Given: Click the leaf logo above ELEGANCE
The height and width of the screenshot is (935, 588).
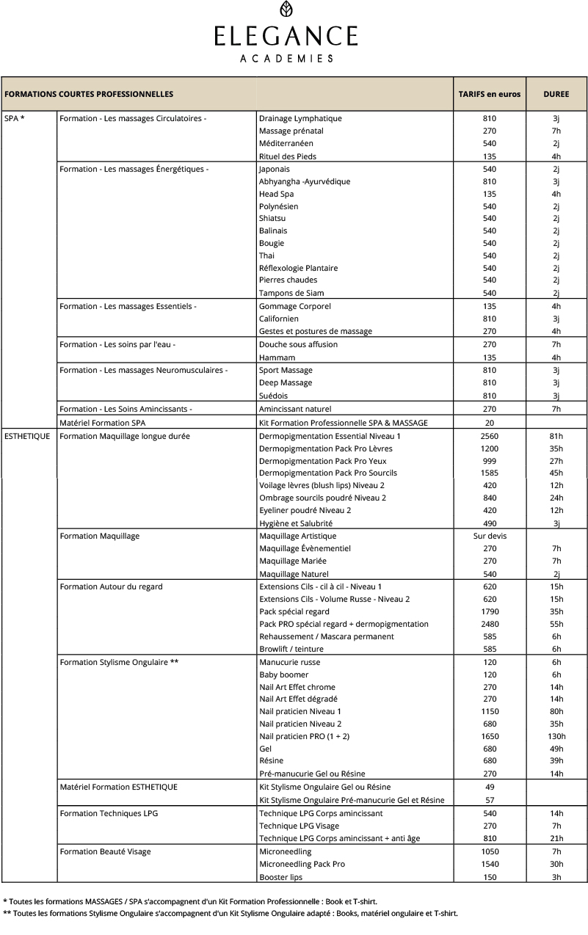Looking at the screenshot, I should click(286, 10).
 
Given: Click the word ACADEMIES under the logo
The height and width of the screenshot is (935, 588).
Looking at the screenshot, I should click(286, 59).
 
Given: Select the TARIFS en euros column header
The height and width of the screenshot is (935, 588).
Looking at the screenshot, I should click(489, 94).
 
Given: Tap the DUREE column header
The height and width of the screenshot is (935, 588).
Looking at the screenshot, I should click(556, 94).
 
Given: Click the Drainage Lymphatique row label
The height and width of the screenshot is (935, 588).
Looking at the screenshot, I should click(300, 118).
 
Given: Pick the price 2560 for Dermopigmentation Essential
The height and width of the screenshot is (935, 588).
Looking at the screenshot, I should click(489, 436).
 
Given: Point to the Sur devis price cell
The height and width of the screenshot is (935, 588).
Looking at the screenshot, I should click(489, 536).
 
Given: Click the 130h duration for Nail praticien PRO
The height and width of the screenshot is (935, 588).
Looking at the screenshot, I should click(556, 736).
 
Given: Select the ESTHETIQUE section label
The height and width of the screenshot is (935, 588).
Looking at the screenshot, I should click(27, 436).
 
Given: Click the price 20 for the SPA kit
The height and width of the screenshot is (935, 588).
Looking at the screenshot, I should click(489, 422).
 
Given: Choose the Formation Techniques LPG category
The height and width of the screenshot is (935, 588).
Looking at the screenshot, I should click(109, 813).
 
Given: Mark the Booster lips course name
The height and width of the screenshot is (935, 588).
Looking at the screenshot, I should click(280, 877).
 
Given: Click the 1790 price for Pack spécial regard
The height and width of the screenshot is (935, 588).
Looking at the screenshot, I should click(489, 611).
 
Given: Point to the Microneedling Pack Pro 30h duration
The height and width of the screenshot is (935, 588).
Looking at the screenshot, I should click(556, 865).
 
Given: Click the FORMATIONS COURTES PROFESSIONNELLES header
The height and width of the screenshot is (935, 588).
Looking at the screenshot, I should click(89, 94).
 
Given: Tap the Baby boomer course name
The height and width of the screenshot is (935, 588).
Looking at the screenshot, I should click(283, 674).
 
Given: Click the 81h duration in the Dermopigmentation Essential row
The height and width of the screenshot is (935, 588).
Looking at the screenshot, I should click(556, 436).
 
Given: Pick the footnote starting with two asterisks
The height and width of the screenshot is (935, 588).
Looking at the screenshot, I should click(231, 914).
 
